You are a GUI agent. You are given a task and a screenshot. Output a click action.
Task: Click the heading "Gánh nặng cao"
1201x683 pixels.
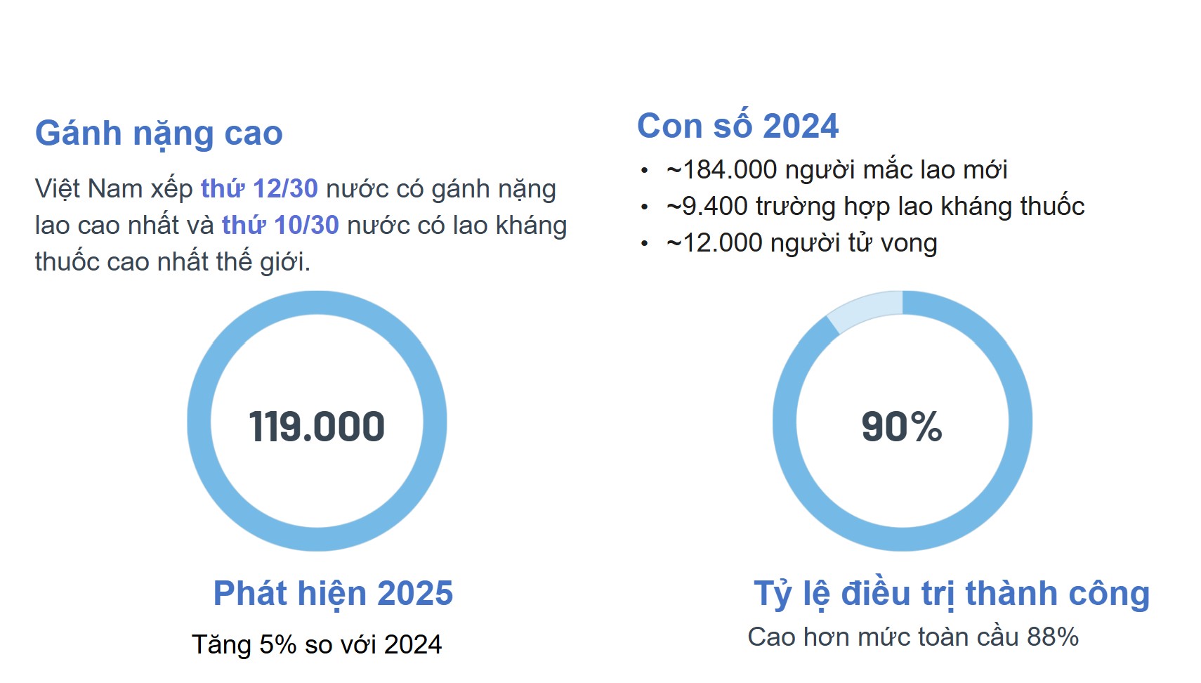pos(159,133)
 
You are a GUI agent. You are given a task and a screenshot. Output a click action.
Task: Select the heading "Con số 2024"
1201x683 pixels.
pos(737,126)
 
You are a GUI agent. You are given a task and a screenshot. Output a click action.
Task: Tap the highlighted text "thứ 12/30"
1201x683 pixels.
pos(259,189)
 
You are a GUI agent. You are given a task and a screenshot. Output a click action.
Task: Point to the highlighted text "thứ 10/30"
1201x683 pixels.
pos(280,226)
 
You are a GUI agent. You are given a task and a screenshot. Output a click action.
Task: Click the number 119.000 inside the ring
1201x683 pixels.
pos(317,427)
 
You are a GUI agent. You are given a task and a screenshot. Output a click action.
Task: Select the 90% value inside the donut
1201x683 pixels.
pos(902,427)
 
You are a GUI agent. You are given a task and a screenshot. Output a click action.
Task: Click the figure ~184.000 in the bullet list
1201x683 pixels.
pos(722,169)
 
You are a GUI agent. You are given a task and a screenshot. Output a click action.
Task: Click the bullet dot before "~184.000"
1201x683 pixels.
pos(645,171)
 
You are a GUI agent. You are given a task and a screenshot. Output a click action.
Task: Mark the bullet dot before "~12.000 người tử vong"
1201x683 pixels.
pos(645,244)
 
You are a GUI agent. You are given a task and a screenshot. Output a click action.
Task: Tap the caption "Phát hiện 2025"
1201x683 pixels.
pos(333,593)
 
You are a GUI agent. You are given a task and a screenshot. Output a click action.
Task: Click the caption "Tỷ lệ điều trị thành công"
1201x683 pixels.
pos(952,594)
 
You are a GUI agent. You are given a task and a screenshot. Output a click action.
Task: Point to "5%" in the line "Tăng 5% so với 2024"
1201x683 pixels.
pos(277,644)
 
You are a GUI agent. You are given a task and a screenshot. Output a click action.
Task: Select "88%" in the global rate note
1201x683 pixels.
pos(1053,637)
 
